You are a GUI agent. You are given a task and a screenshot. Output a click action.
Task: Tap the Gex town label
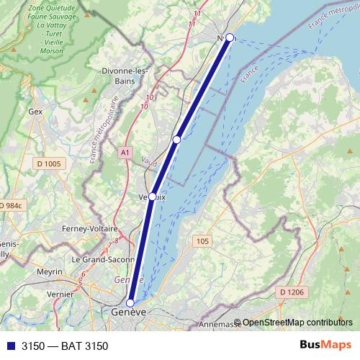pyautogui.click(x=35, y=112)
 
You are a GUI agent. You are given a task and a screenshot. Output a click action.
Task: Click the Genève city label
pyautogui.click(x=129, y=312)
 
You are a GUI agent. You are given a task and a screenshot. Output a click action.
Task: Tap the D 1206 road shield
pyautogui.click(x=291, y=292)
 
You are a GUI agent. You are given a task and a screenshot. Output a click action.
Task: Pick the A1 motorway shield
pyautogui.click(x=125, y=153)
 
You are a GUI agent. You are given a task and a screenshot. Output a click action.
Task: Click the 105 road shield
pyautogui.click(x=202, y=241)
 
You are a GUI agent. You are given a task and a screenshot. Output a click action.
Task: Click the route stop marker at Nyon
pyautogui.click(x=230, y=37)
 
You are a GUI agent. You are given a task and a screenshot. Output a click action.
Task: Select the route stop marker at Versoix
pyautogui.click(x=153, y=196)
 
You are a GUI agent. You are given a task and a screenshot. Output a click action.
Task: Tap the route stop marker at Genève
pyautogui.click(x=131, y=303)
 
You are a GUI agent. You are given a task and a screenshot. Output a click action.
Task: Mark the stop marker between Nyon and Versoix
pyautogui.click(x=176, y=139)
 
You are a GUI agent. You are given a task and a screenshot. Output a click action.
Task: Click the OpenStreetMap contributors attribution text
pyautogui.click(x=297, y=323)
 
